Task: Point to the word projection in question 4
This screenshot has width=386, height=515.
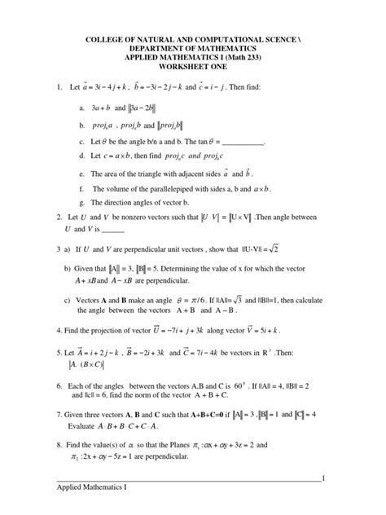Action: tap(110, 332)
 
